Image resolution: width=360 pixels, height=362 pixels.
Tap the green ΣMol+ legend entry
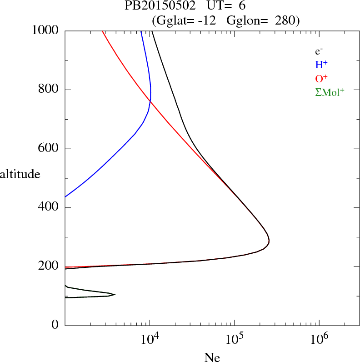330,92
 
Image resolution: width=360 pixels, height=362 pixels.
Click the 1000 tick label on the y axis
46,30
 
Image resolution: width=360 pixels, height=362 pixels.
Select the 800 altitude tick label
49,90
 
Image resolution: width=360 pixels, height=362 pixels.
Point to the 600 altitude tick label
49,149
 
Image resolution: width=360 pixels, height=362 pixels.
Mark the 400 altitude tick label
49,208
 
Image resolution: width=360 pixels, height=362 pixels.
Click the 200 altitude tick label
49,266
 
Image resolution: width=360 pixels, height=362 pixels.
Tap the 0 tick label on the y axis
55,325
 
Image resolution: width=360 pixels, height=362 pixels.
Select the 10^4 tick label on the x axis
150,339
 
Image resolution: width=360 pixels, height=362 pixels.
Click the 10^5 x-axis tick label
234,339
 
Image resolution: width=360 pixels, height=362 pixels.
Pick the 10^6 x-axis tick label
319,339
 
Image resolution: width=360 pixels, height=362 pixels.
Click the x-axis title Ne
212,357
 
